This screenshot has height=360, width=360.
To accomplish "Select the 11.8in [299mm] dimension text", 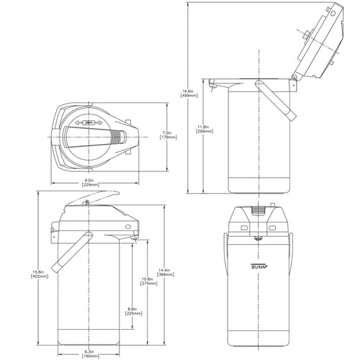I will point(203,130).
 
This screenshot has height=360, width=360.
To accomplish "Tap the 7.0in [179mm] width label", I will point(166,135).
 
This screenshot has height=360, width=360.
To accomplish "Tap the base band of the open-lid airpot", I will point(259,184).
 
